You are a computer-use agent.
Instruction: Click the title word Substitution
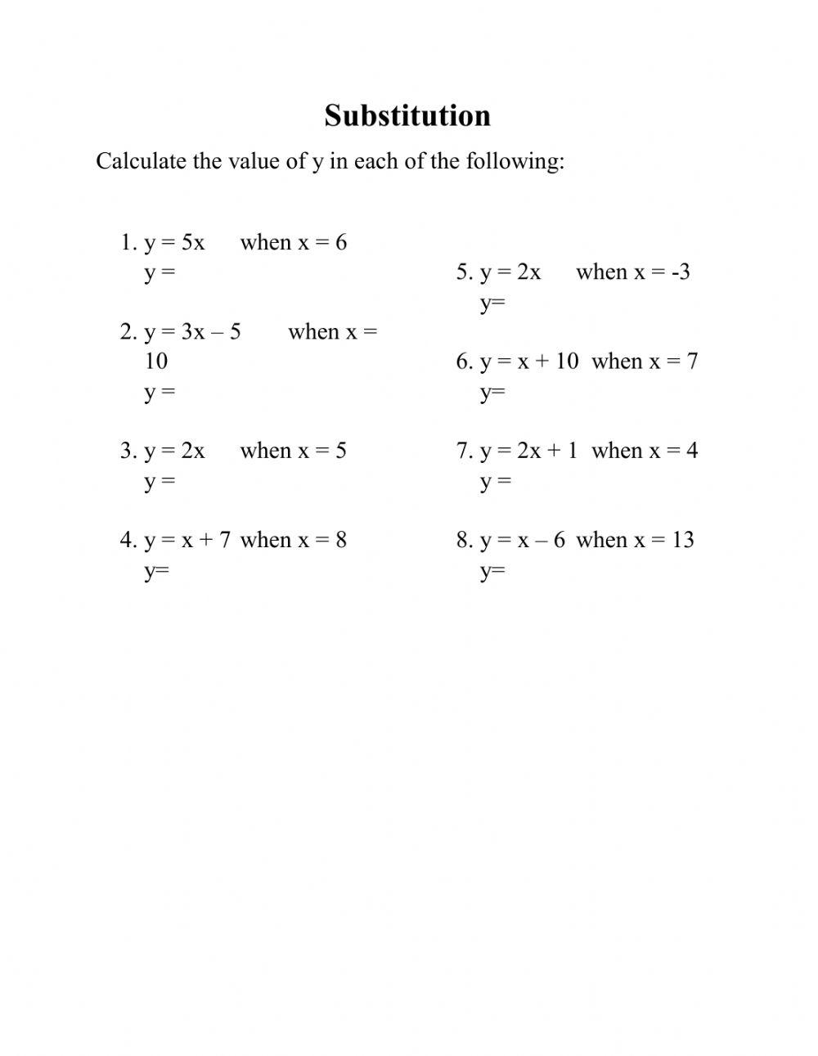tap(407, 115)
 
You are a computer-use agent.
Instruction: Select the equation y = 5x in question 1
tap(174, 242)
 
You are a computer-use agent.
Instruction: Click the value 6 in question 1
tap(341, 242)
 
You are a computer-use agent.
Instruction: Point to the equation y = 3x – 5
tap(192, 331)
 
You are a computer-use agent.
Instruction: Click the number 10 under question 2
tap(156, 361)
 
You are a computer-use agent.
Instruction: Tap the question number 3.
tap(127, 451)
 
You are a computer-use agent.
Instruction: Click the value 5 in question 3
tap(341, 451)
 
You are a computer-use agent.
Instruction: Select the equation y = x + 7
tap(187, 540)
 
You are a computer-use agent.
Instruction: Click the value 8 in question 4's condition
tap(341, 540)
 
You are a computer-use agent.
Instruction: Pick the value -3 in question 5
tap(681, 272)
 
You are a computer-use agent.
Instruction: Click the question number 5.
tap(463, 272)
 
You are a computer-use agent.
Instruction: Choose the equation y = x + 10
tap(529, 361)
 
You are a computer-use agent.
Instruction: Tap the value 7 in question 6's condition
tap(692, 361)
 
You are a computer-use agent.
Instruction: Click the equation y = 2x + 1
tap(528, 451)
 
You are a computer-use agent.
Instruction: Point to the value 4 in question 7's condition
tap(692, 451)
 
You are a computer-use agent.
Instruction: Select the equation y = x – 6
tap(523, 540)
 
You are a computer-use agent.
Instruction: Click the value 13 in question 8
tap(683, 540)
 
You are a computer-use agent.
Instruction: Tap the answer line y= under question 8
tap(492, 570)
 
